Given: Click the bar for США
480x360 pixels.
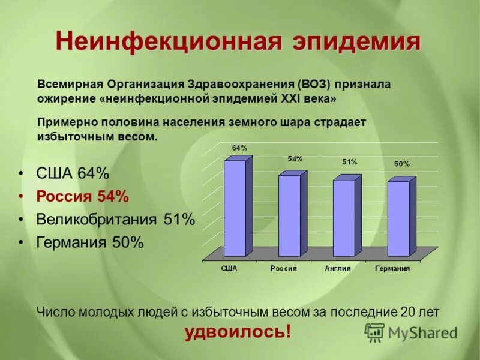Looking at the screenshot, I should pos(235,208).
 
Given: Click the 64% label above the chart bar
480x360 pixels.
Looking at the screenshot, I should pos(239,148).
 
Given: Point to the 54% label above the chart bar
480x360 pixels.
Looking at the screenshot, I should pos(295,159).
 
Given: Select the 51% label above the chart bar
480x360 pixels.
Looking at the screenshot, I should pos(350,162).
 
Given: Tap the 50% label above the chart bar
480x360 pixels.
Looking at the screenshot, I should pos(402,164).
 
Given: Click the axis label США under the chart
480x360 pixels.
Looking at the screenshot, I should pos(229,269).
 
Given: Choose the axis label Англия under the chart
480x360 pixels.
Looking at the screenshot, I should pos(337,269).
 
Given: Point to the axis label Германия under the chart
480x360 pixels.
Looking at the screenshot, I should pos(392,269).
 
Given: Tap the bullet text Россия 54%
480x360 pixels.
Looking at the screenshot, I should pos(82,196).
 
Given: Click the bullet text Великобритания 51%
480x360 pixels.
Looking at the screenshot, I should pos(115,219).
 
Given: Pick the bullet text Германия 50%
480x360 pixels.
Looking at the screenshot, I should pos(90,242).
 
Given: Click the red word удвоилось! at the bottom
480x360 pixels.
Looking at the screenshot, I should pos(238,331).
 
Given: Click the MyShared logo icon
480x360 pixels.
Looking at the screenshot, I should pos(374,331).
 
